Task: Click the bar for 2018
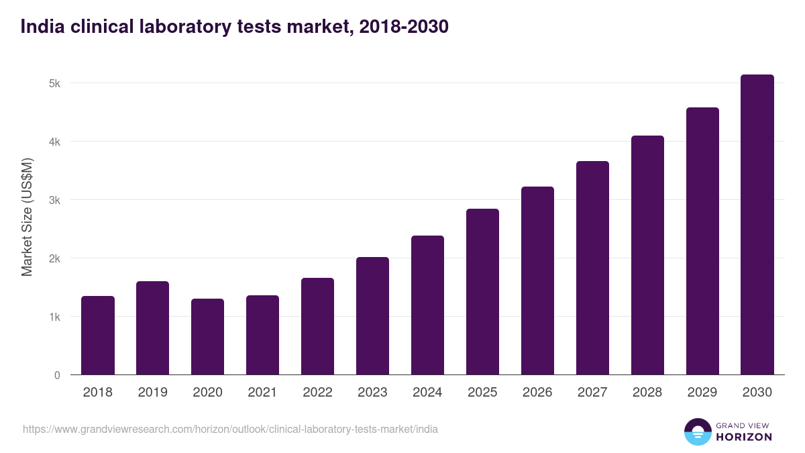(x=98, y=336)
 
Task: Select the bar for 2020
(x=208, y=337)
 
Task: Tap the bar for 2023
(x=373, y=316)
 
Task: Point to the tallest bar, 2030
(x=757, y=225)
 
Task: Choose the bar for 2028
(x=647, y=255)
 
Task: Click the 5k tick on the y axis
(x=54, y=84)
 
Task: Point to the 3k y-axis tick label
(x=54, y=201)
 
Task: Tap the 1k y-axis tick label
(x=54, y=317)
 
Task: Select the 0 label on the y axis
(x=57, y=375)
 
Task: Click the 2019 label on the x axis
(x=153, y=393)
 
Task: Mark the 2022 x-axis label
(x=318, y=393)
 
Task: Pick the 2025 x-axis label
(x=483, y=393)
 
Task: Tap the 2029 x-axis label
(x=702, y=393)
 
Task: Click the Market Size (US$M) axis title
(x=27, y=217)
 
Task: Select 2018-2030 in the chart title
(x=404, y=27)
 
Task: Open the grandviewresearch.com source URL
(x=230, y=429)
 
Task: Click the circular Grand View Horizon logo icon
(x=698, y=432)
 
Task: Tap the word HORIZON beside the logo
(x=744, y=437)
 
